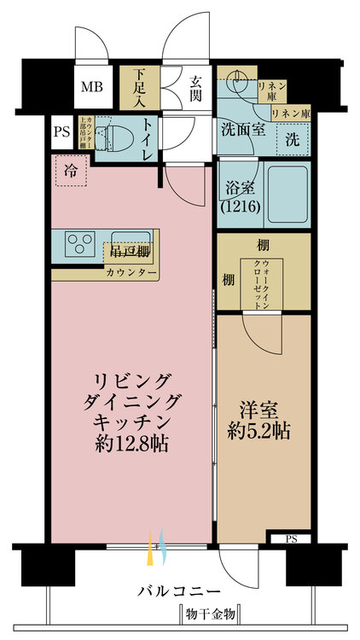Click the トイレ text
pyautogui.click(x=147, y=138)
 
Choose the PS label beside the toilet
pyautogui.click(x=61, y=132)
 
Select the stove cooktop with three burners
pyautogui.click(x=81, y=243)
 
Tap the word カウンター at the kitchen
pyautogui.click(x=131, y=273)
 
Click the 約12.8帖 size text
pyautogui.click(x=129, y=444)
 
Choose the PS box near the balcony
pyautogui.click(x=292, y=538)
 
